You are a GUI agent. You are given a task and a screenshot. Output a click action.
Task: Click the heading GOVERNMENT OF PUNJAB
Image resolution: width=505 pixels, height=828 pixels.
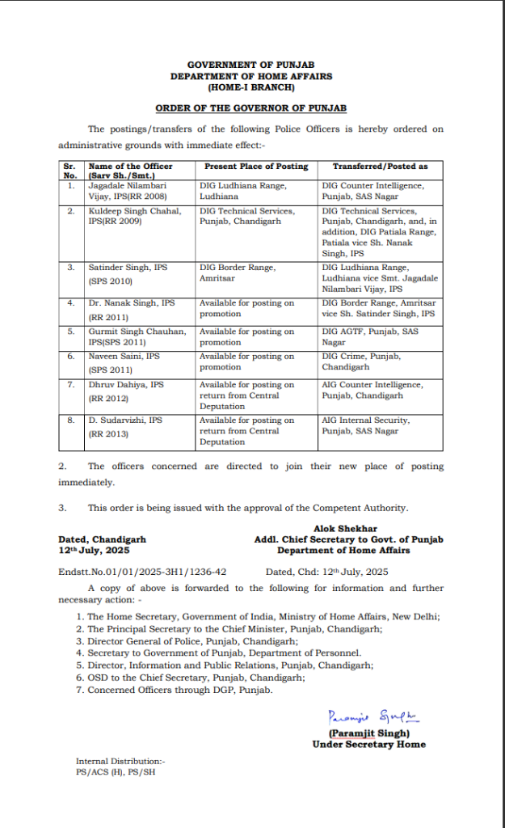tap(251, 64)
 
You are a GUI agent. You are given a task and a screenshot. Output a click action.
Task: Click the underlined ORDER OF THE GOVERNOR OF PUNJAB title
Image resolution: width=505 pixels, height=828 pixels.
tap(251, 108)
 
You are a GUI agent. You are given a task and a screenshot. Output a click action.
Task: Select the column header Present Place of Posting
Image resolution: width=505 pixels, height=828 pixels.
tap(256, 166)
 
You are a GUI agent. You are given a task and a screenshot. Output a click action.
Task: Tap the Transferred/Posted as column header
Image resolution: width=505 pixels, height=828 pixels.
tap(381, 166)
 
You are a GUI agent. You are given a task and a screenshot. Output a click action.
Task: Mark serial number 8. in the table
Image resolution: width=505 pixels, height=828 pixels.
tap(70, 420)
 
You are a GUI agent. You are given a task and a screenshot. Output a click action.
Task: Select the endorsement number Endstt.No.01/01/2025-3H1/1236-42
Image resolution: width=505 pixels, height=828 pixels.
tap(142, 571)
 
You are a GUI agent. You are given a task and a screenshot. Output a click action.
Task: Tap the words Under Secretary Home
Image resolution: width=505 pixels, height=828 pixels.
tap(368, 744)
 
